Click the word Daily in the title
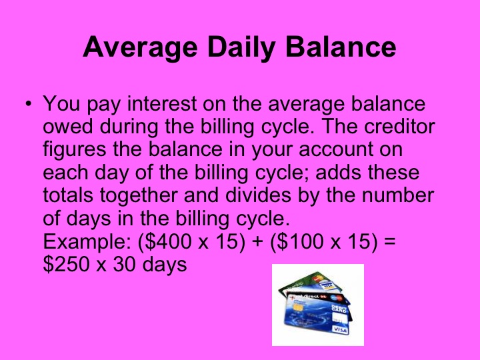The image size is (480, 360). (241, 49)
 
